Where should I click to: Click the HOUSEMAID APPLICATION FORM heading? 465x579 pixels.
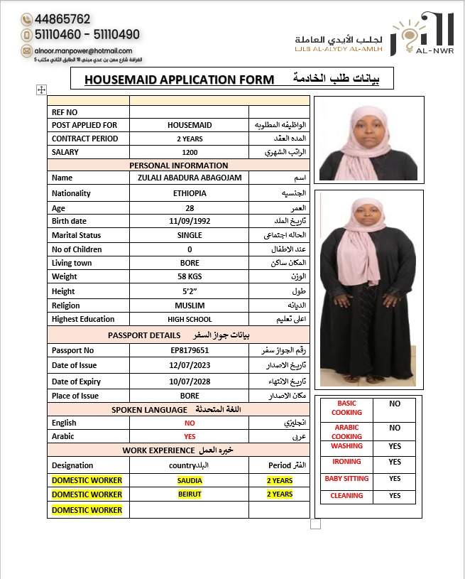click(x=179, y=80)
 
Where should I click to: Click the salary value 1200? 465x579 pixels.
click(x=190, y=152)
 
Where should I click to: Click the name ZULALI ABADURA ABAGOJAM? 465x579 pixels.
click(x=190, y=178)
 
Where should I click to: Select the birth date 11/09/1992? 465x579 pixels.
click(x=190, y=221)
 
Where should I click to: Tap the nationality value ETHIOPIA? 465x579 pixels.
click(x=190, y=193)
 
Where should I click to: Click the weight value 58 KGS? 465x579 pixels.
click(x=190, y=276)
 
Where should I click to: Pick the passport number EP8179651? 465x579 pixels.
click(x=190, y=350)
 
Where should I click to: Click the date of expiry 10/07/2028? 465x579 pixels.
click(x=190, y=382)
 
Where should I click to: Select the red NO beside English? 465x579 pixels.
click(x=190, y=423)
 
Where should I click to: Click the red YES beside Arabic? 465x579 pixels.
click(x=190, y=436)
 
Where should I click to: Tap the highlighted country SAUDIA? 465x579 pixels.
click(x=190, y=480)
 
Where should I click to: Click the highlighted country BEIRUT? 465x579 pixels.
click(x=190, y=494)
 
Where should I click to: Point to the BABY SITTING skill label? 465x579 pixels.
click(x=346, y=479)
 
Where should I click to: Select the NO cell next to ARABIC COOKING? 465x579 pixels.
click(x=395, y=428)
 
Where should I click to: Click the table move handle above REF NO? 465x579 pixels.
click(x=41, y=90)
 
